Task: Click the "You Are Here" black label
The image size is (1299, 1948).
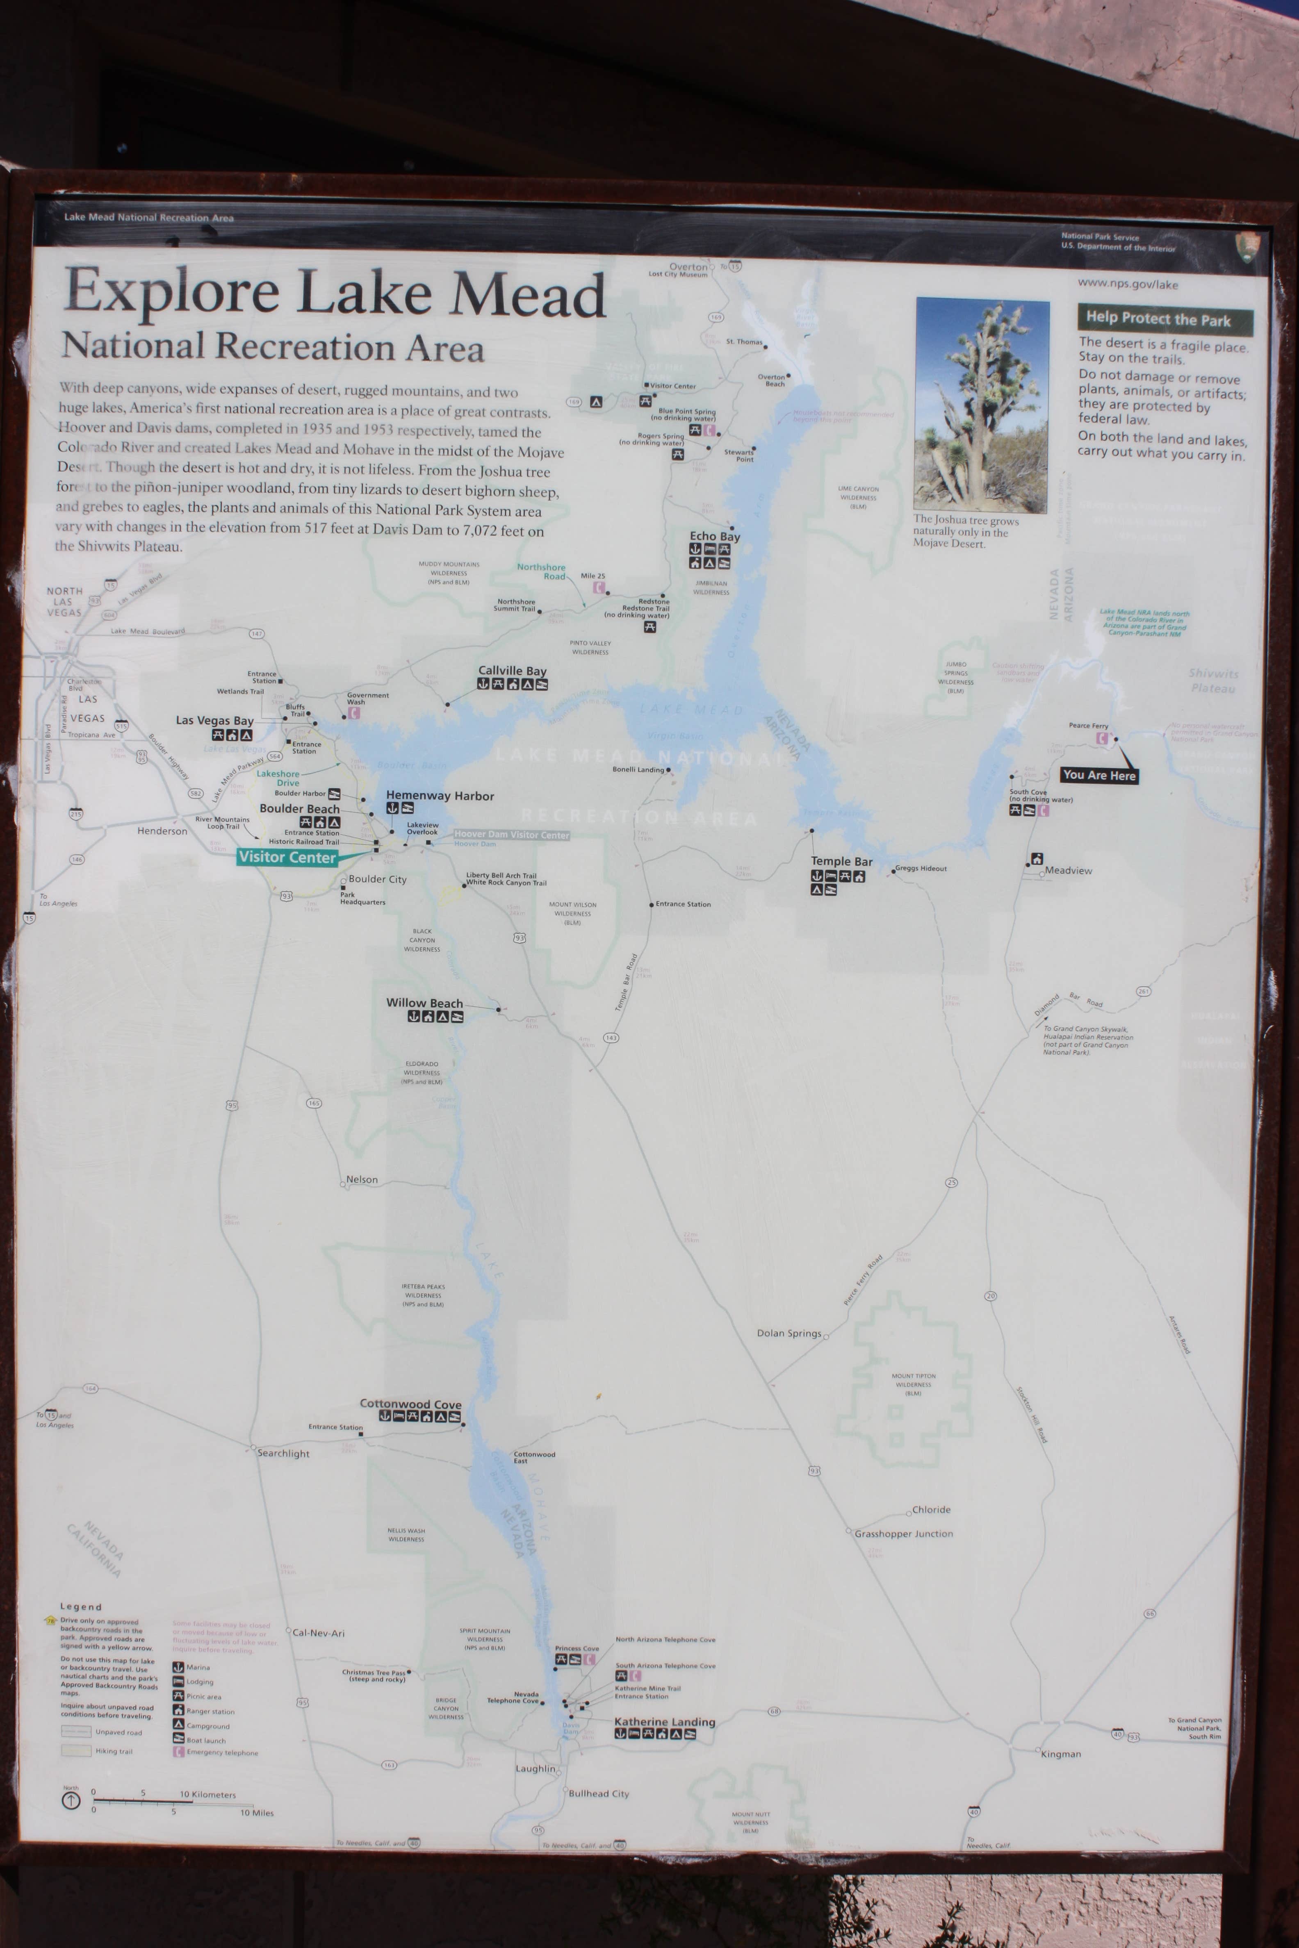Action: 1098,775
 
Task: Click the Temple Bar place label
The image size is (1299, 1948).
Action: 842,861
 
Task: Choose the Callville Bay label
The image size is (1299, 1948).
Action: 512,671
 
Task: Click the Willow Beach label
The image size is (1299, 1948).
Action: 424,1003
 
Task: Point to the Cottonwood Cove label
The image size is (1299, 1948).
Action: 410,1404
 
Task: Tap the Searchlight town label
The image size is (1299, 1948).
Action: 283,1454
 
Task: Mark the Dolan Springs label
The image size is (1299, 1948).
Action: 789,1334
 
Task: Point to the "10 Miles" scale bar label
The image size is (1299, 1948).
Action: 257,1813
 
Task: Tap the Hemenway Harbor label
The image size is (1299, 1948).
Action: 440,796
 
